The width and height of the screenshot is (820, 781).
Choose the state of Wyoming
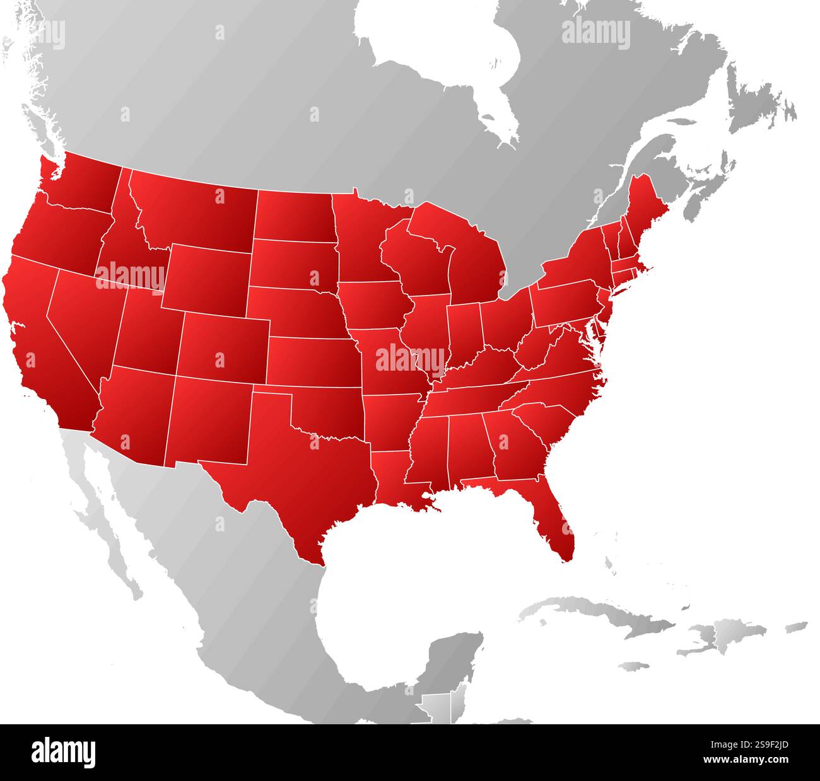208,277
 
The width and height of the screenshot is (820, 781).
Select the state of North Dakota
293,214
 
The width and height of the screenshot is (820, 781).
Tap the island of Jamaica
634,666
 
